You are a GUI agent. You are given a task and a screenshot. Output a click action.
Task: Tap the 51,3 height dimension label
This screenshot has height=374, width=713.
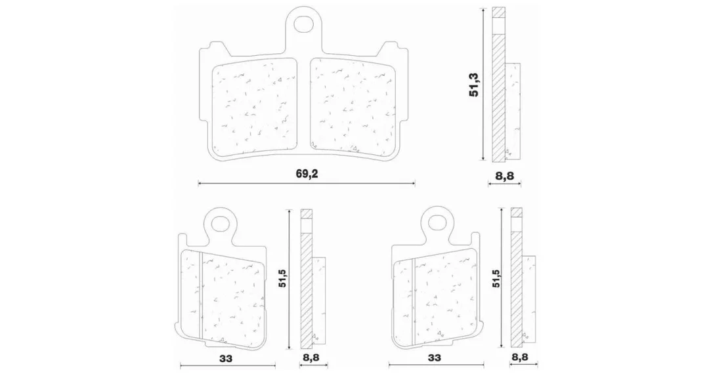pos(474,85)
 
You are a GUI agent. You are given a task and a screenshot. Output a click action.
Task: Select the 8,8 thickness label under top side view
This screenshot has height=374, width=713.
pos(505,176)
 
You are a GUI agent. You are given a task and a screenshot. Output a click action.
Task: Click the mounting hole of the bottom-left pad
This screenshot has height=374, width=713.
pos(222,222)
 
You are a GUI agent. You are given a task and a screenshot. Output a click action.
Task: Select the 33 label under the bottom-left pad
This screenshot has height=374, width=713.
pos(226,358)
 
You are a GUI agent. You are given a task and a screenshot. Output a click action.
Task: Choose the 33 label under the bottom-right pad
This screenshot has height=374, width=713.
pos(434,358)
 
